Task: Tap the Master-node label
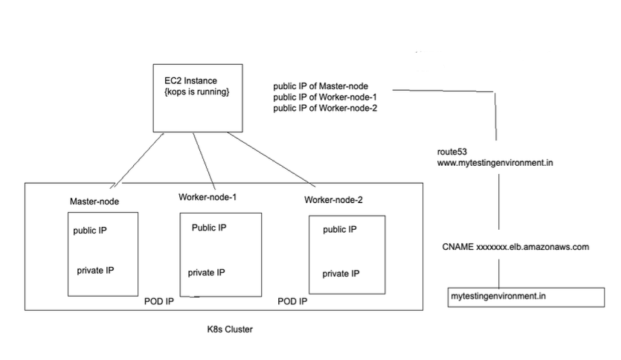coord(95,202)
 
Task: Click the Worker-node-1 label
coord(208,197)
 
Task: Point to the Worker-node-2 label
coord(334,200)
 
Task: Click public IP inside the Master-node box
coord(90,231)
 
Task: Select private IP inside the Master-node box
coord(95,270)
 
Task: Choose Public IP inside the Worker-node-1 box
coord(209,228)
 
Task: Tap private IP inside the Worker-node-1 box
coord(206,272)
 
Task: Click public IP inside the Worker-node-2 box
coord(339,230)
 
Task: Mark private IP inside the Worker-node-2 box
coord(341,274)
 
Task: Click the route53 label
coord(452,151)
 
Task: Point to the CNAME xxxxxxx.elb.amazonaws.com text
coord(516,247)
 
